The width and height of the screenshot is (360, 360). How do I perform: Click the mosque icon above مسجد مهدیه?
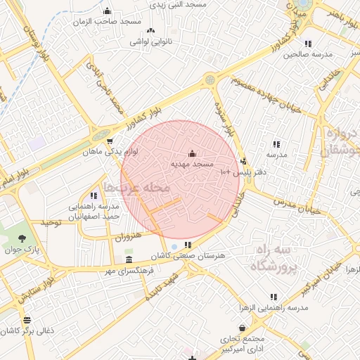click(193, 153)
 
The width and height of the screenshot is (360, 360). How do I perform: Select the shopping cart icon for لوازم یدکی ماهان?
click(109, 141)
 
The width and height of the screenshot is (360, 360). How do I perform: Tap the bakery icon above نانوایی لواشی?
click(150, 30)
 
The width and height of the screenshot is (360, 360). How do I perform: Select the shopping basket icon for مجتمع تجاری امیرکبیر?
click(243, 328)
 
